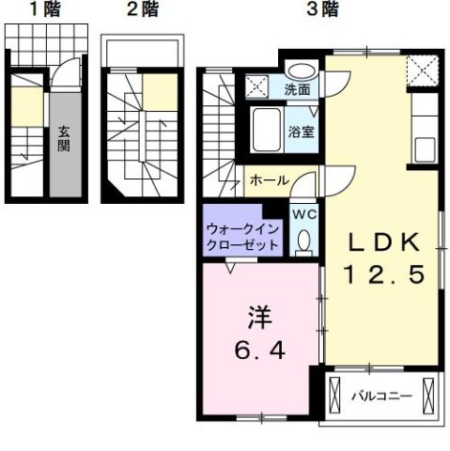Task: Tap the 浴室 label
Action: [x=301, y=132]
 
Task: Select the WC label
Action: [x=303, y=214]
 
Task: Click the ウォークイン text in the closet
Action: [x=242, y=228]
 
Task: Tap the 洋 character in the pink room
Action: [x=259, y=316]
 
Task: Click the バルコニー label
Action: [x=381, y=397]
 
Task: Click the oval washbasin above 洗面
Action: [x=301, y=70]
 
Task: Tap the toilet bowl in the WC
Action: [x=303, y=242]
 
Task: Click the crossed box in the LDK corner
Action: [x=419, y=70]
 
